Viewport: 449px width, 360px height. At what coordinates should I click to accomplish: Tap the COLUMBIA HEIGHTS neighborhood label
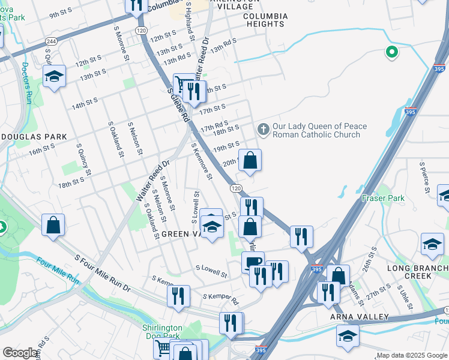tap(265, 20)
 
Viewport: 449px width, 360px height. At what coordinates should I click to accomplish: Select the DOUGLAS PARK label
tap(34, 137)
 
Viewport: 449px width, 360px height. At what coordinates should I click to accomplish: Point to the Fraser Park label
tap(383, 198)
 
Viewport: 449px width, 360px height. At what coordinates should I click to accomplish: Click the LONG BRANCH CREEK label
tap(417, 272)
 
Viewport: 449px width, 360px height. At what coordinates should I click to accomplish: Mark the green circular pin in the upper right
tap(392, 53)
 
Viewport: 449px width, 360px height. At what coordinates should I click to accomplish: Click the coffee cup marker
tap(253, 262)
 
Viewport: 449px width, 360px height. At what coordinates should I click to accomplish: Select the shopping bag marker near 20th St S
tap(250, 160)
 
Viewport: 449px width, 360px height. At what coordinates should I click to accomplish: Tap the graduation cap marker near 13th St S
tap(54, 77)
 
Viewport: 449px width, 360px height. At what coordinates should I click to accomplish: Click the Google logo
tap(20, 353)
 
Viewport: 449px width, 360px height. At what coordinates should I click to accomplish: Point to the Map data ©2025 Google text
tap(411, 355)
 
